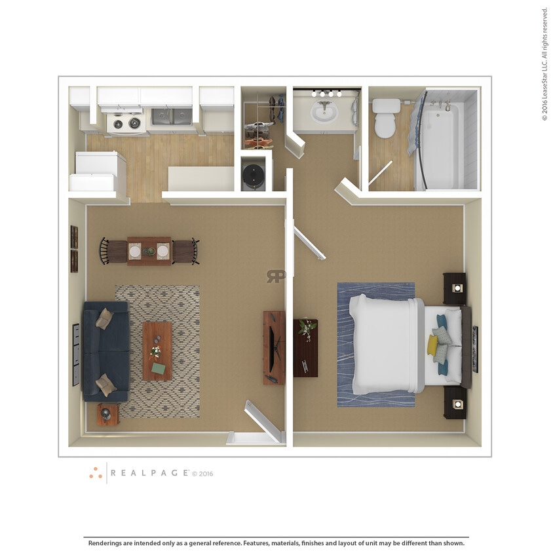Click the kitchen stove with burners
[126, 122]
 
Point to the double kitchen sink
[172, 117]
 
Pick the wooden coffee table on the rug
[157, 351]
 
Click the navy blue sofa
[104, 351]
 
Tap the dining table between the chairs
[149, 251]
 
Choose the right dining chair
[186, 251]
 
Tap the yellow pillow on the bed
[433, 345]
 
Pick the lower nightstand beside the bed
[455, 402]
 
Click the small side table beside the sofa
[107, 414]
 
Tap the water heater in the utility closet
[255, 174]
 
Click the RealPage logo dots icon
[96, 472]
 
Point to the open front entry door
[263, 420]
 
